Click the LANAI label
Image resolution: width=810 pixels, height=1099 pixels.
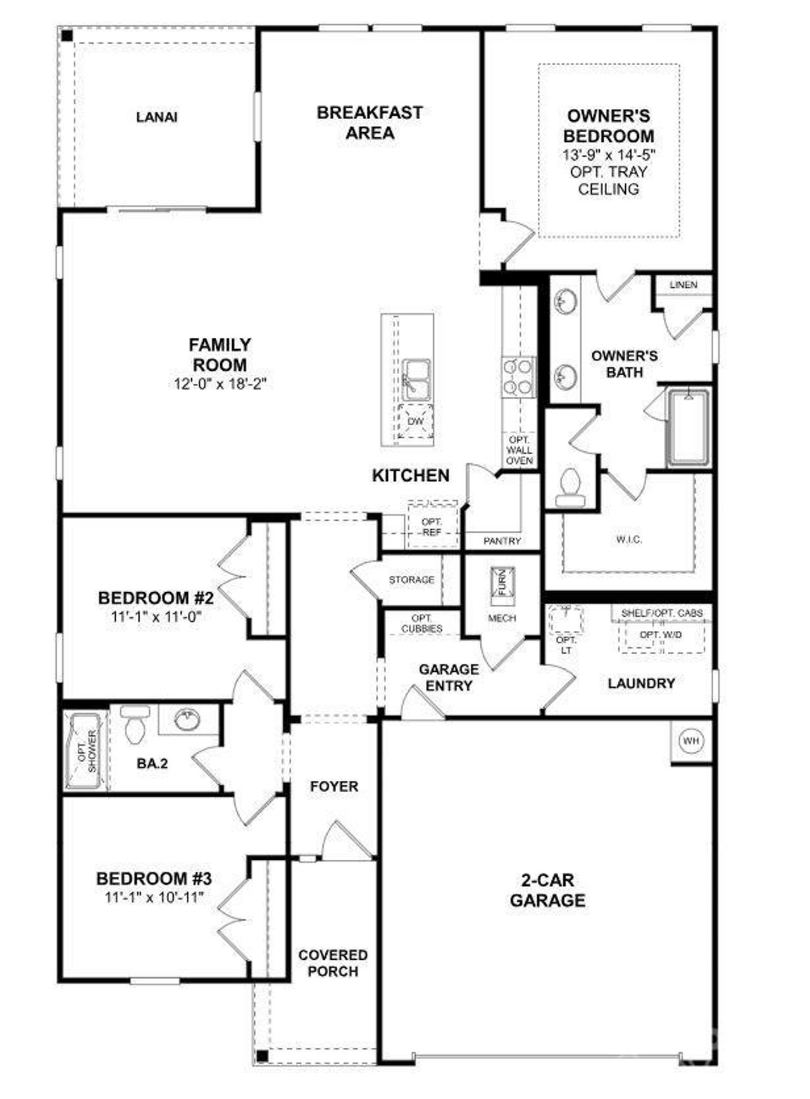(157, 117)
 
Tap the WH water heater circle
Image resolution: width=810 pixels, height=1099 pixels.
(691, 740)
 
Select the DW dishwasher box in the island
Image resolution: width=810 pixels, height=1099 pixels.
(415, 421)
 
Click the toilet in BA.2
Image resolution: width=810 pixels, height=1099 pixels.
(134, 724)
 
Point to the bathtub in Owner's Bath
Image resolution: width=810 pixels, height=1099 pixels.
(688, 427)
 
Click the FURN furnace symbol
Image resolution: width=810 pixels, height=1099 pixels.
(503, 581)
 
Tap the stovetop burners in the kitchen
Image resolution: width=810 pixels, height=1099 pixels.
(518, 378)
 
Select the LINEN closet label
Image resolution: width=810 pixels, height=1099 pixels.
(683, 285)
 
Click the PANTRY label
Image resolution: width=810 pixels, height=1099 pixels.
(502, 541)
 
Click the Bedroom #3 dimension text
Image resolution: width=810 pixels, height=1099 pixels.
(154, 897)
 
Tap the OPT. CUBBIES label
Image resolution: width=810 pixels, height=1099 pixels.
(421, 623)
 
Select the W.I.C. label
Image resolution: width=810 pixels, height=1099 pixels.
(629, 540)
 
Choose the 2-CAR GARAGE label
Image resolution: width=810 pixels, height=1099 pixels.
(547, 890)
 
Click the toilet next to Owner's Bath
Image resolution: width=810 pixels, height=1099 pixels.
(570, 488)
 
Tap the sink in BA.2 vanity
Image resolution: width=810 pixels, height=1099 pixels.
(187, 719)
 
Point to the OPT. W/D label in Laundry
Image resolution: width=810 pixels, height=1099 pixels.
(660, 635)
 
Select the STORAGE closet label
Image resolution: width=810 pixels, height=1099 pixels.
(411, 580)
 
